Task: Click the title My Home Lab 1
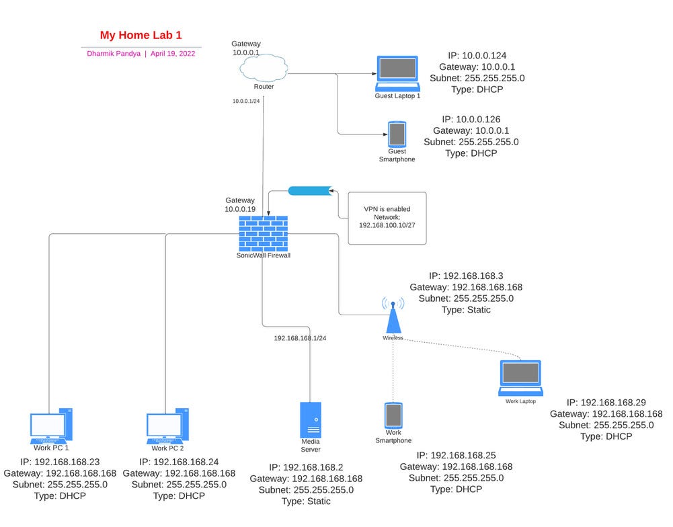click(x=141, y=35)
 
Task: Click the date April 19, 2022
click(x=173, y=53)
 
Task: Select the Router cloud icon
click(x=263, y=69)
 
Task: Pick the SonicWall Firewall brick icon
click(x=263, y=233)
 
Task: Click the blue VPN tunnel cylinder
click(x=310, y=191)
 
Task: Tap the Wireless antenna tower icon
click(x=393, y=315)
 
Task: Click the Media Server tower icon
click(x=310, y=422)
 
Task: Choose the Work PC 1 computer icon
click(x=51, y=425)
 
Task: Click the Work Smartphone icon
click(x=393, y=417)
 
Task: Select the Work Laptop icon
click(x=520, y=378)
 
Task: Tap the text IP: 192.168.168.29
click(x=606, y=401)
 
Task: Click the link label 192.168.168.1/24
click(x=300, y=338)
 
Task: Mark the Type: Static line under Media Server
click(x=306, y=501)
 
